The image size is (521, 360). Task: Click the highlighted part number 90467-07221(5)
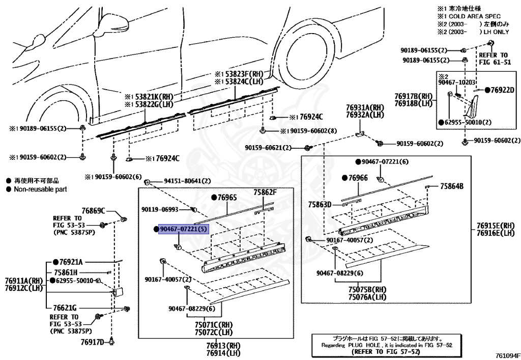click(x=184, y=229)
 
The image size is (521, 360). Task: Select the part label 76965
click(x=224, y=197)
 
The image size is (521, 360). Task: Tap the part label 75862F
click(x=265, y=192)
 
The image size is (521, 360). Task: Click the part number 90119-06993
click(x=160, y=209)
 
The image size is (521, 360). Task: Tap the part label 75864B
click(x=452, y=186)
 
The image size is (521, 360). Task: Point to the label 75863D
click(x=320, y=204)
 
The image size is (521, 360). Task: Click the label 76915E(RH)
click(x=496, y=225)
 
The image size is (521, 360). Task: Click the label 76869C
click(x=93, y=210)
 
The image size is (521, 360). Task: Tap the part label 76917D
click(x=93, y=341)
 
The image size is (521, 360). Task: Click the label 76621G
click(x=65, y=308)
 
